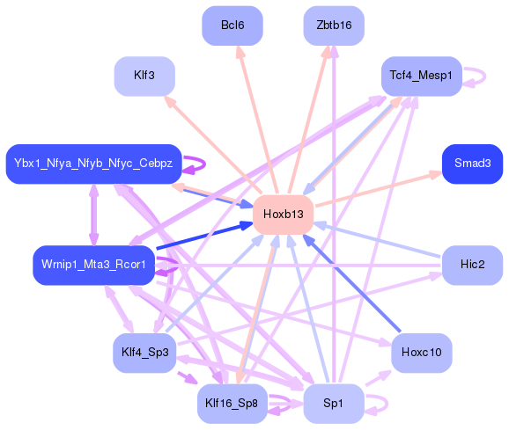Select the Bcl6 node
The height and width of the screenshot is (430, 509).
coord(232,26)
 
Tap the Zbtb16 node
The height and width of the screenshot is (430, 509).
coord(333,26)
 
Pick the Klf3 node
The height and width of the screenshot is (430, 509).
coord(144,76)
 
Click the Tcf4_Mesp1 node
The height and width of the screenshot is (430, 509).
coord(421,77)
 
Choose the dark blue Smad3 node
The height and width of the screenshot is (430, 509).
coord(472,164)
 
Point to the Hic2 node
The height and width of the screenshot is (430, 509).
coord(472,265)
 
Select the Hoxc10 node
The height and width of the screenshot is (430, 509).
coord(421,353)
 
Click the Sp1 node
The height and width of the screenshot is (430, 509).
coord(333,404)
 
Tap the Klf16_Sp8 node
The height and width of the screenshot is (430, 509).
coord(232,404)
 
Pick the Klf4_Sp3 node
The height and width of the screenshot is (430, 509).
coord(145,353)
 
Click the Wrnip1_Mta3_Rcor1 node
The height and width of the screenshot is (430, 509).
coord(93,265)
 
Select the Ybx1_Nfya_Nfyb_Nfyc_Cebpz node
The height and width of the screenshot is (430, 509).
coord(93,164)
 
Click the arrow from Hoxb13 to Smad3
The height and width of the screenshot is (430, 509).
coord(379,189)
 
